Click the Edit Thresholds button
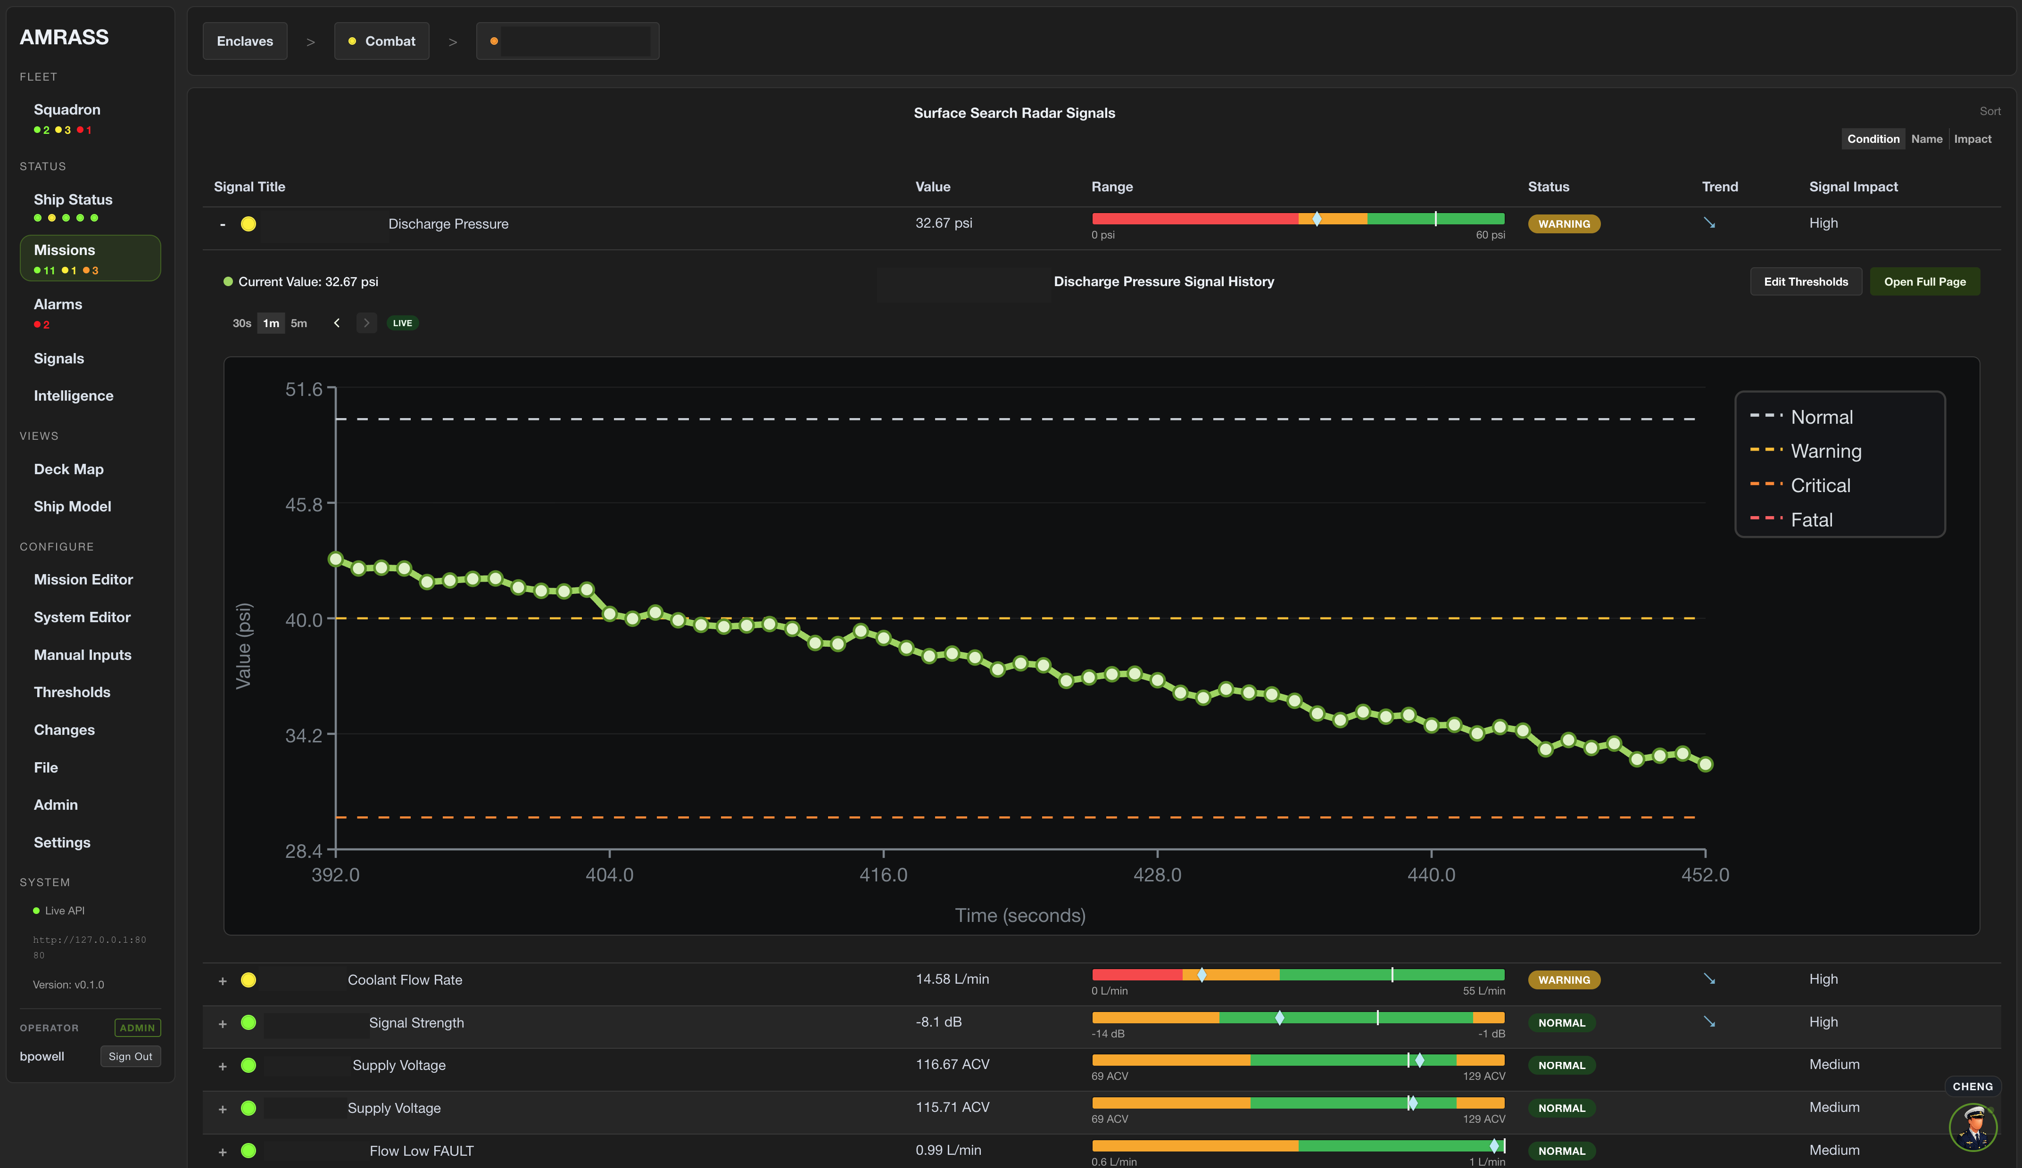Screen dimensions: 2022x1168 pyautogui.click(x=1806, y=281)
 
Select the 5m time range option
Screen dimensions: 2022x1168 pyautogui.click(x=298, y=323)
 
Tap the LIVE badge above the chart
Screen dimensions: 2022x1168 pyautogui.click(x=403, y=323)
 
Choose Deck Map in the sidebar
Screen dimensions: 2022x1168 pyautogui.click(x=68, y=469)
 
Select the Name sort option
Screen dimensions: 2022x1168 pyautogui.click(x=1927, y=139)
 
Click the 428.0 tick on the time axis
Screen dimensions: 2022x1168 pyautogui.click(x=1157, y=874)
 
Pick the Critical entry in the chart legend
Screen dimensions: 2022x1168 pyautogui.click(x=1820, y=485)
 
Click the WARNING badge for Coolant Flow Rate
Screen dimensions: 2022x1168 pyautogui.click(x=1564, y=979)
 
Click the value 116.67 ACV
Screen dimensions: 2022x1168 pyautogui.click(x=953, y=1064)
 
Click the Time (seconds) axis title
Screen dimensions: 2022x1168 pyautogui.click(x=1020, y=915)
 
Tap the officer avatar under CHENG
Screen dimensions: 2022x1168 pyautogui.click(x=1972, y=1127)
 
